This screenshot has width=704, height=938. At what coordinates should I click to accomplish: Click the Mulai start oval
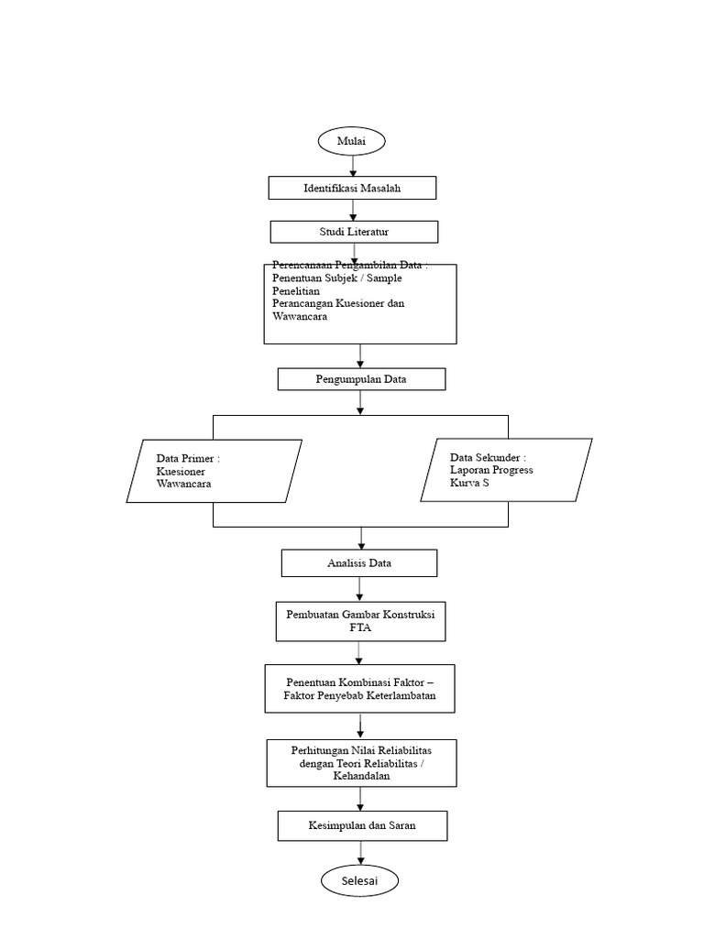(352, 141)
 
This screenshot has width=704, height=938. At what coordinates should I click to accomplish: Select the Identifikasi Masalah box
(352, 188)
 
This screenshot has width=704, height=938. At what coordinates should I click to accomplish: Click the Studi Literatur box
(354, 232)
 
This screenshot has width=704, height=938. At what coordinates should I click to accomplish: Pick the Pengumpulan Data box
(361, 379)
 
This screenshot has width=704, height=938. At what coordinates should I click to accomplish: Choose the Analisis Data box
(359, 563)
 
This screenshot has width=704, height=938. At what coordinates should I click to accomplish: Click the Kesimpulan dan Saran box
(362, 826)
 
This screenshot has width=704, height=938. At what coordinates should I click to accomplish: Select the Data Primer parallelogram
(214, 471)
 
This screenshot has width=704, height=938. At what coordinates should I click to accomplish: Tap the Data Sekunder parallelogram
(506, 470)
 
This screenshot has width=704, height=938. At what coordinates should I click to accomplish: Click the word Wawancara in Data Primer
(184, 484)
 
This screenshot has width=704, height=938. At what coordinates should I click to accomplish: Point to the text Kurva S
(470, 483)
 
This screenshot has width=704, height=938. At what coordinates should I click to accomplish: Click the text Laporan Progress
(491, 470)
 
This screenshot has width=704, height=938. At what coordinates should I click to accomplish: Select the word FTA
(359, 627)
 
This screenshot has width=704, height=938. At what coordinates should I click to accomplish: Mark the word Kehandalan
(362, 775)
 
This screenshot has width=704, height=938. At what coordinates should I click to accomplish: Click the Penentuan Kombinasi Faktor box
(359, 689)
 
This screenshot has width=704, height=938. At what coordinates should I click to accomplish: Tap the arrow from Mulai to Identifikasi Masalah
(352, 166)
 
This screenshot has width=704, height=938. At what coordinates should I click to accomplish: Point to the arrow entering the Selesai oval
(360, 854)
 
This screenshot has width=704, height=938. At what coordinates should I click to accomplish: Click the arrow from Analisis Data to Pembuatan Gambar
(359, 589)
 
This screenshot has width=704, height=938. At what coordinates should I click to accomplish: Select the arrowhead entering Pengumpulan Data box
(360, 363)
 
